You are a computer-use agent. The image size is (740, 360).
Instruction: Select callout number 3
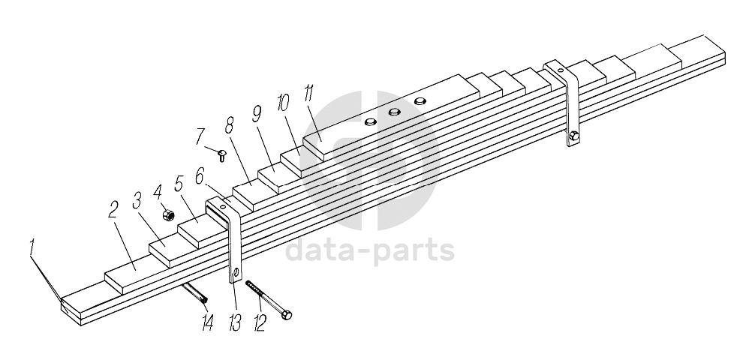pyautogui.click(x=137, y=199)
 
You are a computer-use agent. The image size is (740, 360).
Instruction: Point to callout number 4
pyautogui.click(x=160, y=190)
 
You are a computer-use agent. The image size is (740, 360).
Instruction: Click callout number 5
pyautogui.click(x=179, y=182)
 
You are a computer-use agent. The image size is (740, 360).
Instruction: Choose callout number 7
pyautogui.click(x=200, y=136)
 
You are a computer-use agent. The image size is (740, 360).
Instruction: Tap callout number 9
pyautogui.click(x=257, y=114)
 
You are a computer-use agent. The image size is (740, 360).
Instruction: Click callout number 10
pyautogui.click(x=282, y=103)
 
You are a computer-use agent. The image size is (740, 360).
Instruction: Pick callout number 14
pyautogui.click(x=207, y=322)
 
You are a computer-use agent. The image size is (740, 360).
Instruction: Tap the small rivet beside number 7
pyautogui.click(x=223, y=154)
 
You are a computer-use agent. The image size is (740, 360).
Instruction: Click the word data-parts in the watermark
pyautogui.click(x=370, y=250)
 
